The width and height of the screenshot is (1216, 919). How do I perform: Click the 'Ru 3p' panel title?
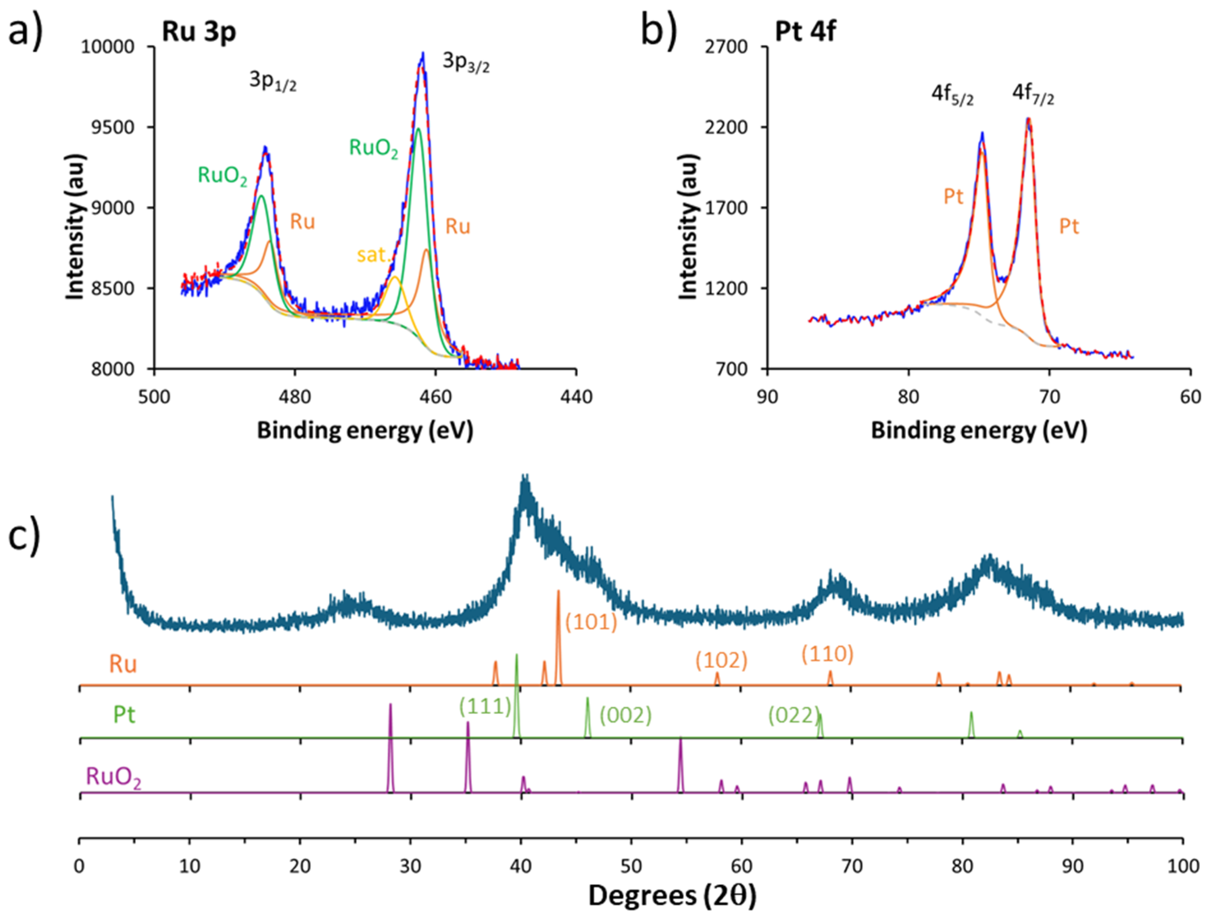198,32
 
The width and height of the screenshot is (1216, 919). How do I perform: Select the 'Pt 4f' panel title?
805,31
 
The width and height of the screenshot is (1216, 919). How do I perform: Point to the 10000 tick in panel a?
108,47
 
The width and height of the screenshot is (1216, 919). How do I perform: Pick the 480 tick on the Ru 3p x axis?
295,396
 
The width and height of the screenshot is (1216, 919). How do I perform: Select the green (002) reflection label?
625,715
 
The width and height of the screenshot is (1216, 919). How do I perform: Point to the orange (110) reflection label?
827,654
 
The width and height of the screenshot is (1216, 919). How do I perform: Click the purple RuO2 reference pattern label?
113,778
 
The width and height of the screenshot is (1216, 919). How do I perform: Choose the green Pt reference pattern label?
124,715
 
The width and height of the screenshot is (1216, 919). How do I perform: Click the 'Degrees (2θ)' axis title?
672,895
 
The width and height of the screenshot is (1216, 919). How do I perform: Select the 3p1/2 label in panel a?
273,81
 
